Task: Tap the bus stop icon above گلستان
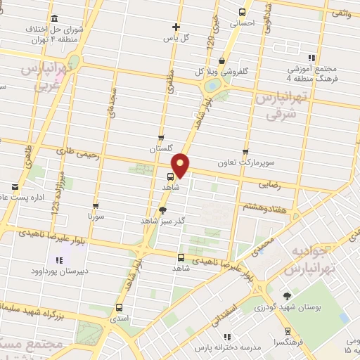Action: tap(161, 138)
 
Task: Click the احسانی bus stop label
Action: tap(243, 22)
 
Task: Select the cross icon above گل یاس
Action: tap(176, 27)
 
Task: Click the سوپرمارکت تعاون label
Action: tap(245, 163)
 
